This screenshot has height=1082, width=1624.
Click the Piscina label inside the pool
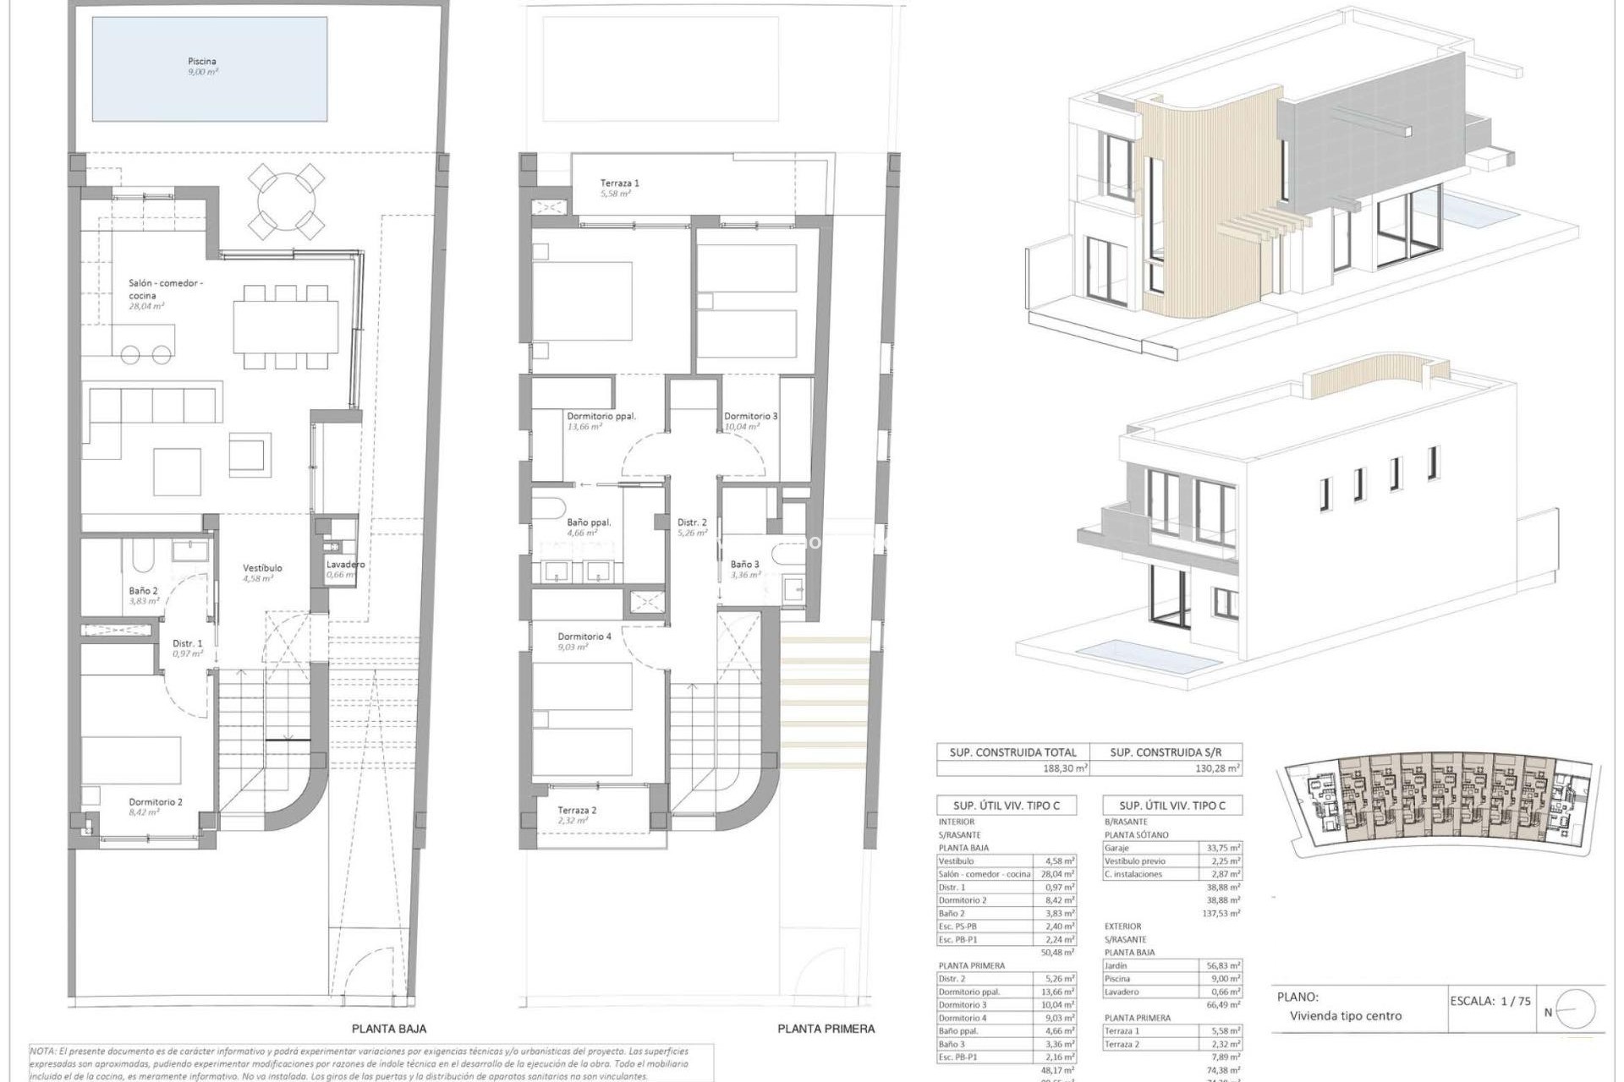coord(202,62)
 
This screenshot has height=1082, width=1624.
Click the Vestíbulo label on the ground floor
coord(262,568)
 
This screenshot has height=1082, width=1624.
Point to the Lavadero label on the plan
coord(345,565)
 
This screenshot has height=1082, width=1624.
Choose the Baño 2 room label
coord(143,591)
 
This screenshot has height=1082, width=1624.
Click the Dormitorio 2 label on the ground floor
coord(156,802)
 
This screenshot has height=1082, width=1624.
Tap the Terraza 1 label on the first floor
coord(619,183)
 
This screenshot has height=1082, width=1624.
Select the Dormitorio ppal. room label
coord(601,416)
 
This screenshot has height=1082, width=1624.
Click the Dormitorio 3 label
coord(750,416)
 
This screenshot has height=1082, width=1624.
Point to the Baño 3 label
coord(744,564)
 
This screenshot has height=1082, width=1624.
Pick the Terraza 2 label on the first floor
coord(577,810)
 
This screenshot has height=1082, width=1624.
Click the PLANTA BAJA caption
coord(389,1029)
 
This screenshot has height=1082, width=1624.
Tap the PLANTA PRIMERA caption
coord(826,1029)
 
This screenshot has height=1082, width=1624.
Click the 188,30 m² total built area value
coord(1066,769)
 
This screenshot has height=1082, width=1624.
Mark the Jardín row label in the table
coord(1116,965)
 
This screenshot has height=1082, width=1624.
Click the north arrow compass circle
coord(1575,1009)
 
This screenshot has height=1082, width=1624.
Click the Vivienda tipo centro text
coord(1345,1016)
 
